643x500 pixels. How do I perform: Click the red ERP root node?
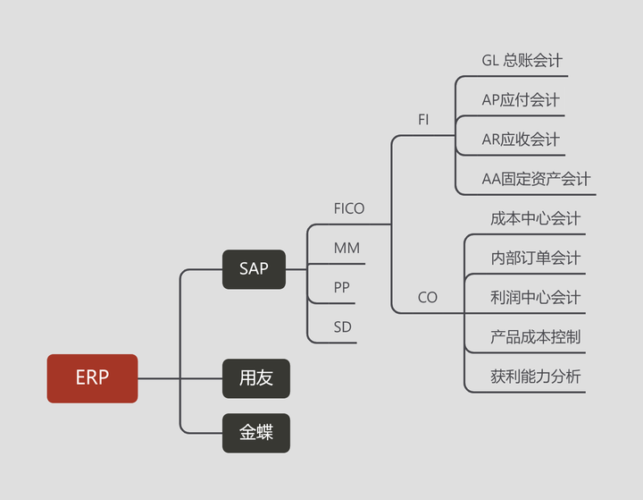[92, 378]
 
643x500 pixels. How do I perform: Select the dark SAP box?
[254, 268]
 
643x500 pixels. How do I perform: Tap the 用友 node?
[255, 378]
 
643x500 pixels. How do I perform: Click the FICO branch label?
[348, 208]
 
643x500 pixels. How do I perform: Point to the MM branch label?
[347, 248]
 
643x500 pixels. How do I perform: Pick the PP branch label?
[342, 288]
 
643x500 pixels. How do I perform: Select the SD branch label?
[342, 327]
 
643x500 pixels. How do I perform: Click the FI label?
[423, 119]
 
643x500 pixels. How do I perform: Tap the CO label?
[428, 297]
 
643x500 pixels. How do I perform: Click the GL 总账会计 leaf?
[522, 61]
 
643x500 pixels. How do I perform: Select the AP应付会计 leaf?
[521, 100]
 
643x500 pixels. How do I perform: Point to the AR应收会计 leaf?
[521, 140]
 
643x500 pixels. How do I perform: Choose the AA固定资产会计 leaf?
[536, 179]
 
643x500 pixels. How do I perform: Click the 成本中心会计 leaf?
[535, 218]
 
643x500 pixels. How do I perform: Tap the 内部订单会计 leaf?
[535, 258]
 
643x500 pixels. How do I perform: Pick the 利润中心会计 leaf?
[535, 297]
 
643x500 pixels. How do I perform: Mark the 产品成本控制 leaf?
[535, 337]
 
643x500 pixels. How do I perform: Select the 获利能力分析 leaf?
[535, 377]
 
